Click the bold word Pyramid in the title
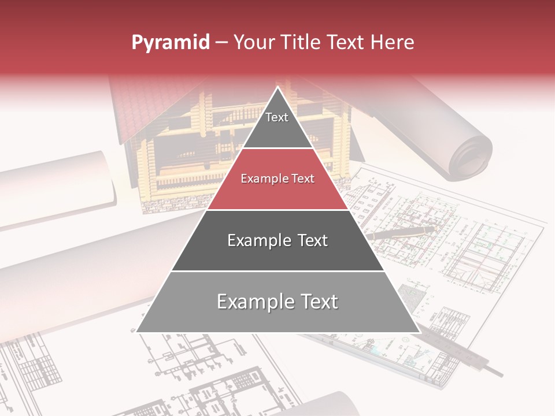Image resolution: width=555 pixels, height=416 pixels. click(171, 42)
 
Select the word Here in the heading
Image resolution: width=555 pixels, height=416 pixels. click(393, 42)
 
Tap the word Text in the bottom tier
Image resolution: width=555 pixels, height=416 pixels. click(317, 302)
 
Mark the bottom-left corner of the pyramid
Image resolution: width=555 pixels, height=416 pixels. click(137, 332)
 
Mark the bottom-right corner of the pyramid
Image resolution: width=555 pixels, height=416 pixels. click(419, 332)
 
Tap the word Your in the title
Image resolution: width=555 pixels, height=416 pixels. click(253, 42)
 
